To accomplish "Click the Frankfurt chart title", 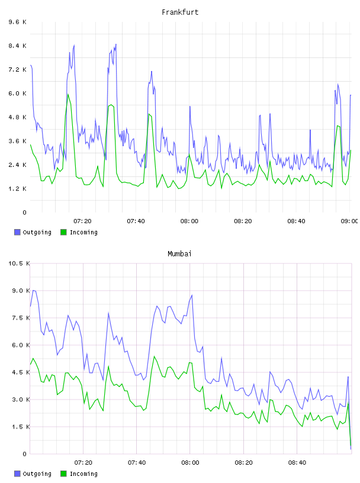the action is tap(180, 12).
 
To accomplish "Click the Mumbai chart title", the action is tap(179, 254).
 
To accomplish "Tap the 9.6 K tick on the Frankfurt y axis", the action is tap(17, 22).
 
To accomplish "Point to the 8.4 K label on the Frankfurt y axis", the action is tap(17, 46).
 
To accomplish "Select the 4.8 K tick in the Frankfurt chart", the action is tap(17, 117).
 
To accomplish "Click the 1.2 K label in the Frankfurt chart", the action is tap(17, 189).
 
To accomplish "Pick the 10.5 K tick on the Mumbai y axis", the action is tap(19, 263).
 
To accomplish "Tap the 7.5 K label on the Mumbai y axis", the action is tap(21, 318).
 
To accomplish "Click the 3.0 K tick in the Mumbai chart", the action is tap(21, 400).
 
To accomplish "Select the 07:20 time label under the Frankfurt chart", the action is tap(83, 221).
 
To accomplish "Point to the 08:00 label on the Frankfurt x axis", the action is tap(189, 221).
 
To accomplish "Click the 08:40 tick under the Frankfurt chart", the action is tap(296, 221).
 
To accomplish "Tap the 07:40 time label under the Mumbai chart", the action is tap(137, 463).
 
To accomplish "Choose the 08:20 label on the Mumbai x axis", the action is tap(243, 463).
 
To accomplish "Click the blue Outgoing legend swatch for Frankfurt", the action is tap(17, 232).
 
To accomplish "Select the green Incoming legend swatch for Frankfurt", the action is tap(63, 232).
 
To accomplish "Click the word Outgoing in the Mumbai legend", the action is tap(37, 474).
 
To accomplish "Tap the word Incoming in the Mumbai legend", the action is tap(83, 474).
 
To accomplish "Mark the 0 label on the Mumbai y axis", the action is tap(25, 454).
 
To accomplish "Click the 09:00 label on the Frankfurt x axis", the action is tap(349, 221).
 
